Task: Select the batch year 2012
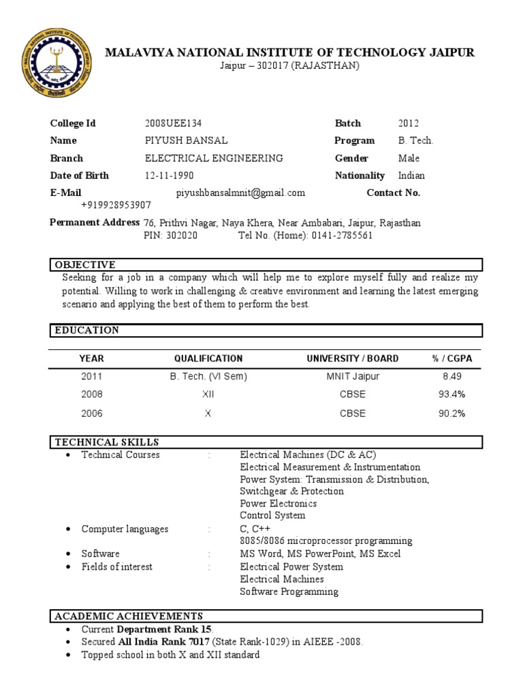409,123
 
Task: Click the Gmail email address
240,193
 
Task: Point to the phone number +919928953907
116,205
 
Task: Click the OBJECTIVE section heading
85,265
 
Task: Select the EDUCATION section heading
86,330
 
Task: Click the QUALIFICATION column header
208,359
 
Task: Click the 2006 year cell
92,413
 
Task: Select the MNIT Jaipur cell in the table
352,376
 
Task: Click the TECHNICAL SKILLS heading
107,442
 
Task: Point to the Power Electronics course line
279,504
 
